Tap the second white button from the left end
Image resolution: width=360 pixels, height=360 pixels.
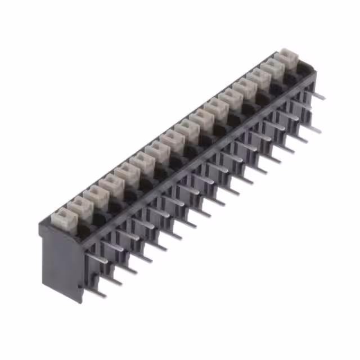[x=79, y=205]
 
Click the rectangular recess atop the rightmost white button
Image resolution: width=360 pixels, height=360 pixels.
[x=289, y=55]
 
